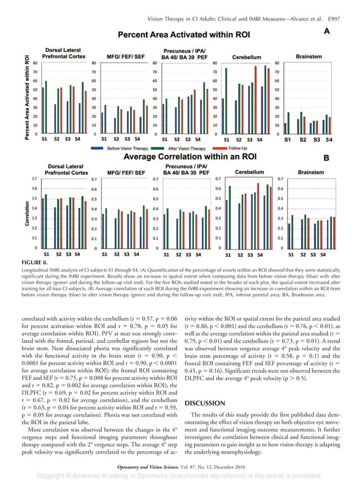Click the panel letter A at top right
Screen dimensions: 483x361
327,32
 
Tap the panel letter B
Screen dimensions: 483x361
326,159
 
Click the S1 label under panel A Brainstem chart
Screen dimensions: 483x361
287,139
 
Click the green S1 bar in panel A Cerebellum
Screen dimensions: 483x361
226,101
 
